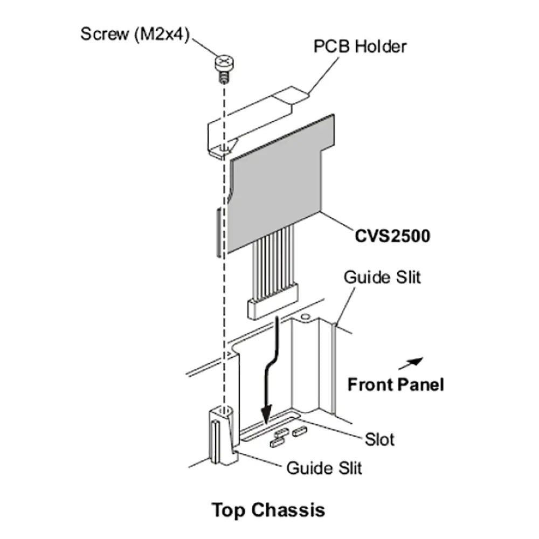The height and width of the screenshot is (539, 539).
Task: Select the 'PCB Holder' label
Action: [x=360, y=46]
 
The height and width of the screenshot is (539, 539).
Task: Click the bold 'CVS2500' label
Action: [x=392, y=236]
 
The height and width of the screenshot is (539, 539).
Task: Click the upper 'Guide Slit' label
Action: [x=382, y=278]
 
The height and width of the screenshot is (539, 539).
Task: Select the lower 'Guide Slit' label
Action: [x=324, y=467]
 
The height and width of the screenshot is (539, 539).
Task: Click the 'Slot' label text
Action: [x=379, y=439]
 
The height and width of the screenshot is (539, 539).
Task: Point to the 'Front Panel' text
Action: [x=396, y=385]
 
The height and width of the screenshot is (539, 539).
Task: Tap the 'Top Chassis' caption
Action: [x=268, y=509]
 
